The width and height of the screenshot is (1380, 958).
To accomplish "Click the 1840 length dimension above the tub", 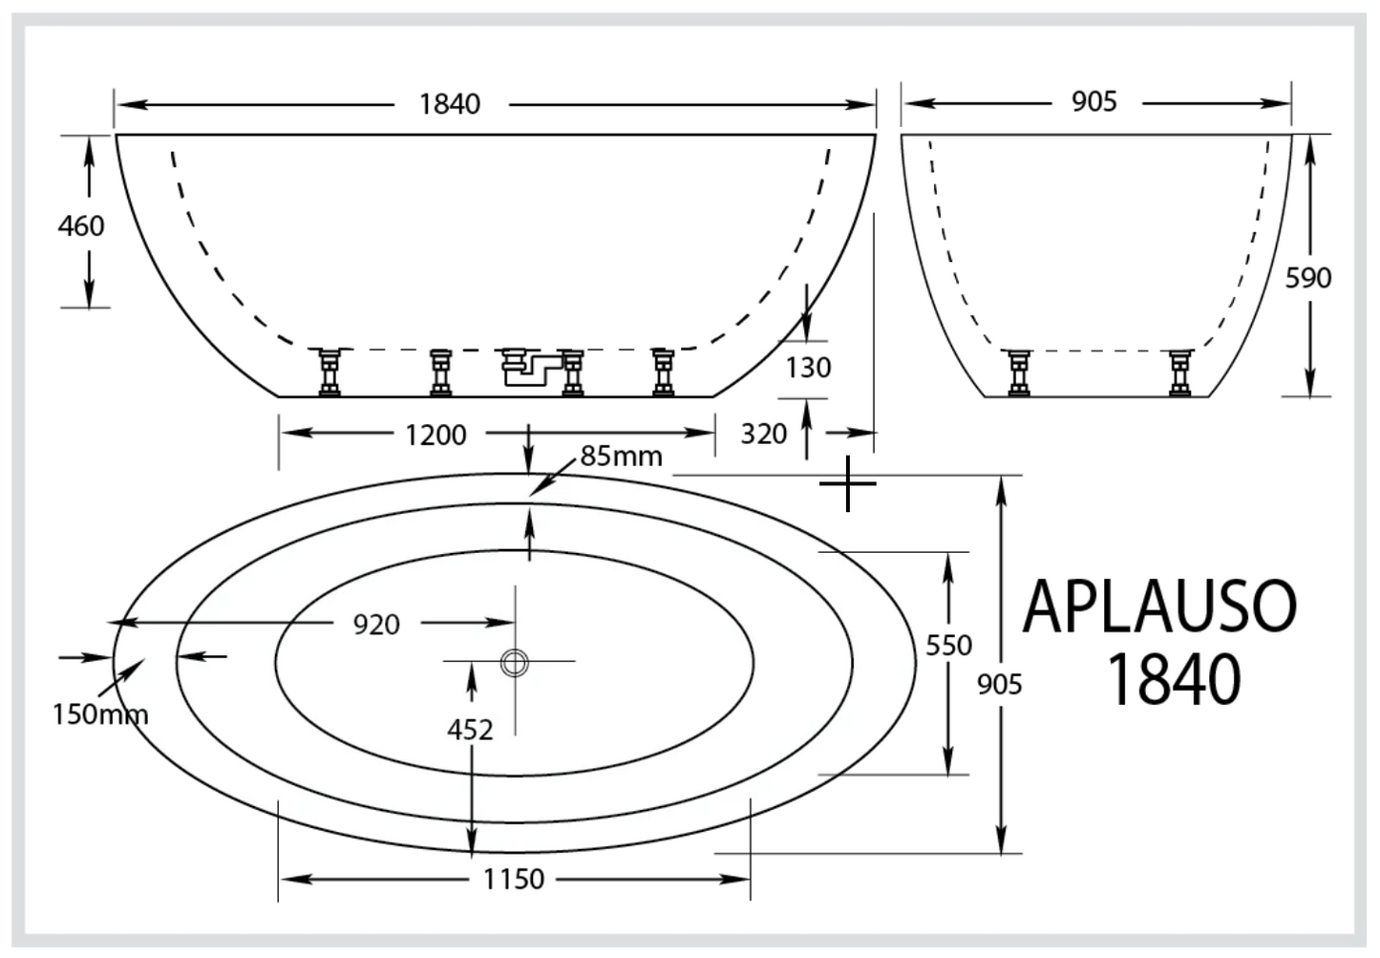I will point(450,103).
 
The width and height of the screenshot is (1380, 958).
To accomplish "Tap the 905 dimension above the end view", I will point(1093,101).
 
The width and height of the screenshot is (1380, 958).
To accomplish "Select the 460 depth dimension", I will point(81,226).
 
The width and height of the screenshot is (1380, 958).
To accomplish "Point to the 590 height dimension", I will point(1307,278).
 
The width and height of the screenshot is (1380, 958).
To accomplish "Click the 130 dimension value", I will point(808,367).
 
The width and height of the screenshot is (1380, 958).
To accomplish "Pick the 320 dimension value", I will point(763,434).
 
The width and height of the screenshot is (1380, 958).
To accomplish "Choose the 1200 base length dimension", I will point(435,435).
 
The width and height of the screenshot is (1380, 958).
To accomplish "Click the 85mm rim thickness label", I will point(621,456).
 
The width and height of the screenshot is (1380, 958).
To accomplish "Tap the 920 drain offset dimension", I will point(376,624).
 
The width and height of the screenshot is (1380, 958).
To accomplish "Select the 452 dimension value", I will point(470,730).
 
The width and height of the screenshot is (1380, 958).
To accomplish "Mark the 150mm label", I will point(99,713).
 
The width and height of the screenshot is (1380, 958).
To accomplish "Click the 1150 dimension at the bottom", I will point(513,879).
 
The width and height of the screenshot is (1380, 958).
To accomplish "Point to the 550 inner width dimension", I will point(948,646).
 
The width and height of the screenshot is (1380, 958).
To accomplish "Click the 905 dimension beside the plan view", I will point(1000,684).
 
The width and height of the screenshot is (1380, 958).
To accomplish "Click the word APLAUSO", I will point(1159,607).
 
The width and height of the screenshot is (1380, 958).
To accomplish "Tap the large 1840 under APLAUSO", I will point(1173,679).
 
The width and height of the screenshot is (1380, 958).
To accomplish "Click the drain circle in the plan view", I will point(515,661).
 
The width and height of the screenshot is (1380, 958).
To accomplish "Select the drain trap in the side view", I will point(524,367).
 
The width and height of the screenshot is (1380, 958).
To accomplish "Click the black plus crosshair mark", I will point(847,484).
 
